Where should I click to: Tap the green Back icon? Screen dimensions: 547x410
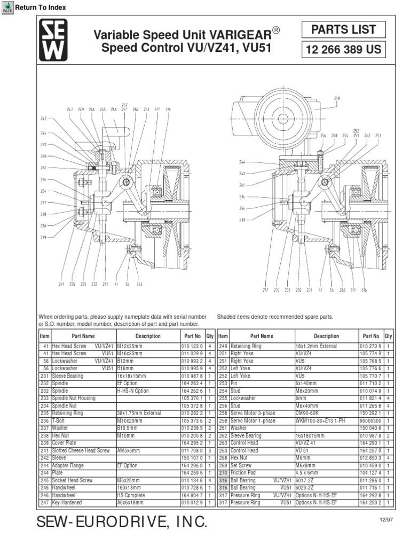[x=7, y=7]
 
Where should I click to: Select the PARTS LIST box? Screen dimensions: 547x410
[x=344, y=30]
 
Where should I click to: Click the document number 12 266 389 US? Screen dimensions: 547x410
[x=343, y=50]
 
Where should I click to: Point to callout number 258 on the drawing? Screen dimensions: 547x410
[x=337, y=98]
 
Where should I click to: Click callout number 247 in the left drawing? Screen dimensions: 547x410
[x=70, y=109]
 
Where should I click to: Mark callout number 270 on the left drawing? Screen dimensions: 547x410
[x=43, y=145]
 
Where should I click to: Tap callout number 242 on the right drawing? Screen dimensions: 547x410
[x=242, y=174]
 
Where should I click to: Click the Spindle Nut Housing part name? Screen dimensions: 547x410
[x=74, y=398]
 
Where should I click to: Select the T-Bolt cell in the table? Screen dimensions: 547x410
[x=59, y=421]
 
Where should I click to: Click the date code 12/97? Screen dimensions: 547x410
[x=377, y=519]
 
